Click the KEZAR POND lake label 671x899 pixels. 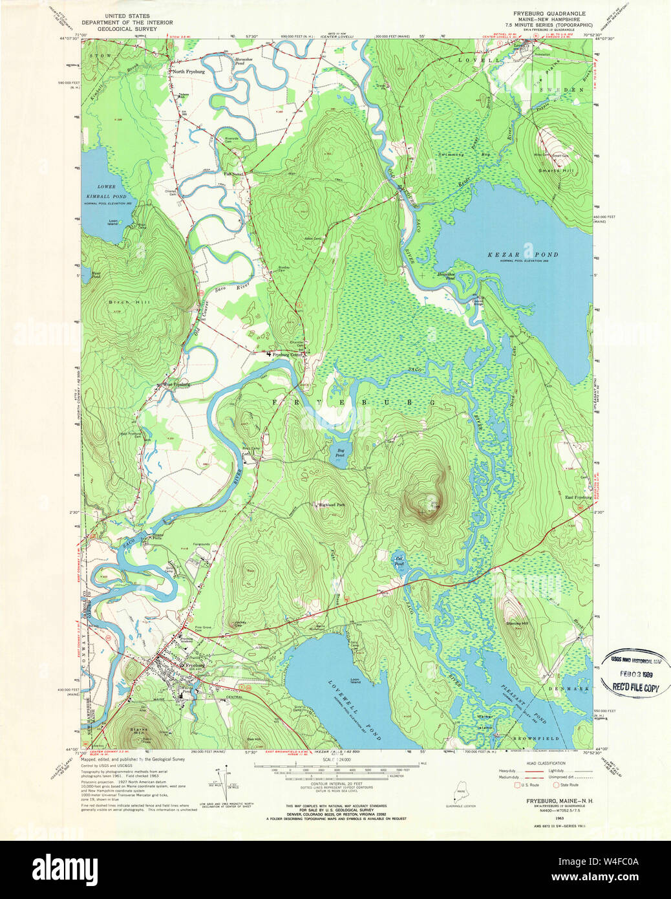coord(522,255)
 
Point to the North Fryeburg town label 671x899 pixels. coord(189,72)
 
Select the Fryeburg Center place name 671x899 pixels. coord(288,354)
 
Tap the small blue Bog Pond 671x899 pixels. coord(340,453)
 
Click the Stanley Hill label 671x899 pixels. coord(517,622)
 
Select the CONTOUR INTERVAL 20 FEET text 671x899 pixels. coord(330,783)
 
